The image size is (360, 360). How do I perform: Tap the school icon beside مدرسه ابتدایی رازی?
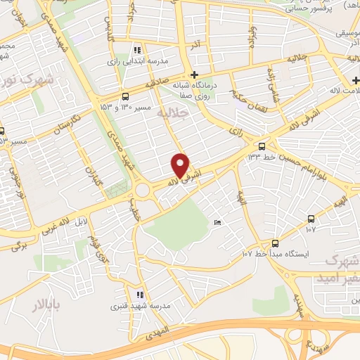pos(137,50)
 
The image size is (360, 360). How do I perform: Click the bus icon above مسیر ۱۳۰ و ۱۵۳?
pos(125,96)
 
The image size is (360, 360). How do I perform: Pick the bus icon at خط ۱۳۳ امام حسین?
pos(262,146)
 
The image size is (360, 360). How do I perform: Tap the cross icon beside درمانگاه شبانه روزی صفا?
pos(195,75)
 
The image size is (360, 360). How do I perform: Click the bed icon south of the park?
pos(217,223)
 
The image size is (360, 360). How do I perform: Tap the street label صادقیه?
pos(159,83)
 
